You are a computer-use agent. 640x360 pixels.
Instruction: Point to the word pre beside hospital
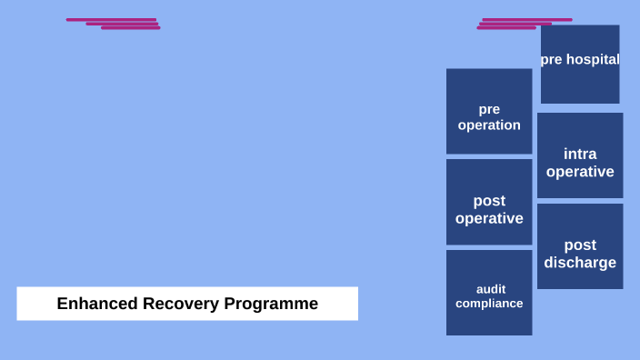(552, 60)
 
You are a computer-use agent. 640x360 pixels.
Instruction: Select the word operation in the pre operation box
(489, 125)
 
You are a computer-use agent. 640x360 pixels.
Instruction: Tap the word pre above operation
(489, 109)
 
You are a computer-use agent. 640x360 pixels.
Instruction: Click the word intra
(580, 154)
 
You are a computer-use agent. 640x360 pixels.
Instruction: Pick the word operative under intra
(580, 172)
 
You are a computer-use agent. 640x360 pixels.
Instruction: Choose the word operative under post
(489, 219)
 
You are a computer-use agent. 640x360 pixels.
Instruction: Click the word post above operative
(489, 201)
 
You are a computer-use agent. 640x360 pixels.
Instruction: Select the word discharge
(580, 263)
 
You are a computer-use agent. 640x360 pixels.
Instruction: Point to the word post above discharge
(580, 245)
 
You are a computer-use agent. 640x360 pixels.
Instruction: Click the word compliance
(489, 304)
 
